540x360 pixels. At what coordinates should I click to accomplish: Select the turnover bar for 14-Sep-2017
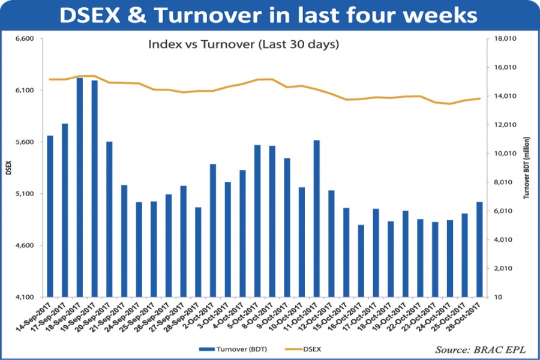tap(50, 216)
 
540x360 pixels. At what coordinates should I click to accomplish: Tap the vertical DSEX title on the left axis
tap(8, 169)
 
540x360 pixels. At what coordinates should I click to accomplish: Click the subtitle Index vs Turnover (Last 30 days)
tap(244, 45)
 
